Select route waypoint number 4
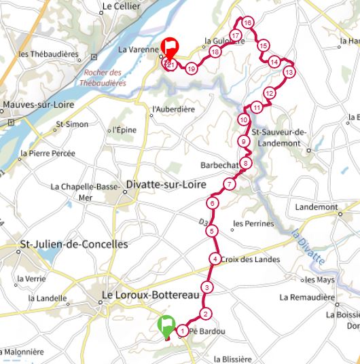pos(215,258)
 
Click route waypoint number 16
pos(247,23)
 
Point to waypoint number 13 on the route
pos(289,71)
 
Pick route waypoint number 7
pos(230,184)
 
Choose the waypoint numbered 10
pos(243,120)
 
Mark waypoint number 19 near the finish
pos(192,68)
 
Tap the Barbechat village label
pos(218,164)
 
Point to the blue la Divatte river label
pos(308,247)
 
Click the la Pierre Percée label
pos(47,154)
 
